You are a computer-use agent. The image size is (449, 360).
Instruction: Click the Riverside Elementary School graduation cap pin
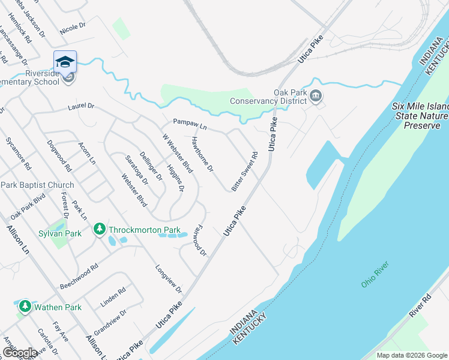[x=65, y=62]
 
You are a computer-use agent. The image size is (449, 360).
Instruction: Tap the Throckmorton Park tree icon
[x=99, y=229]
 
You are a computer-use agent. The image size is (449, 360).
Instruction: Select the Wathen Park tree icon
[x=25, y=307]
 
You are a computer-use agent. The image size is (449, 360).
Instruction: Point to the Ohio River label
[x=375, y=274]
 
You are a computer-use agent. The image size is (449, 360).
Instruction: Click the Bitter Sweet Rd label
[x=245, y=172]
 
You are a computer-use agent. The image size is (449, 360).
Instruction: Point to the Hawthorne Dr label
[x=202, y=154]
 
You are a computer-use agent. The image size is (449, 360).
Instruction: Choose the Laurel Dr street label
[x=82, y=106]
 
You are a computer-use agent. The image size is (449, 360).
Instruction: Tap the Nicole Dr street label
[x=73, y=27]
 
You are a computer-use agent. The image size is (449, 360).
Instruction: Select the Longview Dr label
[x=168, y=279]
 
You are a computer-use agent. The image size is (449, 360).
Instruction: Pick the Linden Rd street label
[x=113, y=298]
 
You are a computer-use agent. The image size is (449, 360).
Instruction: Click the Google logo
[x=20, y=353]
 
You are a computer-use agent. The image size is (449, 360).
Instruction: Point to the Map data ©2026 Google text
[x=412, y=355]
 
